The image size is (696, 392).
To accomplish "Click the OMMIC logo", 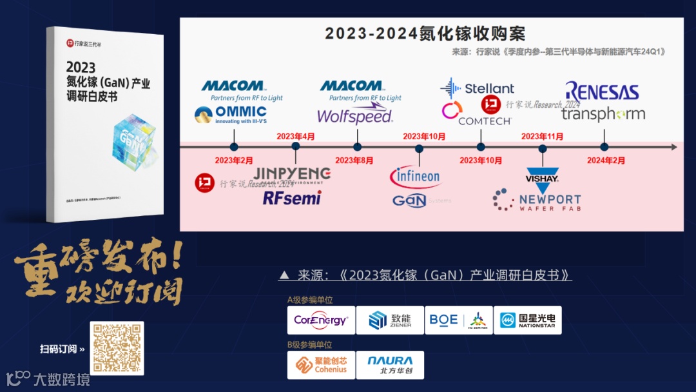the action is (x=231, y=115).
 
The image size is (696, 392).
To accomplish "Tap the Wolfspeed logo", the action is (x=354, y=116).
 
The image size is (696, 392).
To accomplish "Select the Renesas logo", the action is (x=602, y=92).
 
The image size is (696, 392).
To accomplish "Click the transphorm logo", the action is (x=603, y=114).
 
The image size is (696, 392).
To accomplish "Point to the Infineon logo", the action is (x=415, y=175).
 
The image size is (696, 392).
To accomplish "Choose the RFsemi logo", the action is (x=291, y=197).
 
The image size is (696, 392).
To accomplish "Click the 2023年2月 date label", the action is (x=234, y=160).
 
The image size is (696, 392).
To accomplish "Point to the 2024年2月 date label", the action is (x=606, y=160).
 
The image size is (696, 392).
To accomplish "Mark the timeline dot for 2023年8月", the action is (x=357, y=147).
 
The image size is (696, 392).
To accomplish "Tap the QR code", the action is (x=117, y=348).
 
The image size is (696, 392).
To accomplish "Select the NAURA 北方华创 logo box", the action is (x=390, y=365).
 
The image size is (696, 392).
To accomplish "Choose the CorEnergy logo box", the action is (x=321, y=320).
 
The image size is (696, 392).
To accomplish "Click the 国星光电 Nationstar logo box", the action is (x=527, y=320).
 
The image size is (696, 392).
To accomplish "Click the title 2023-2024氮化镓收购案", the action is (x=425, y=33).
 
